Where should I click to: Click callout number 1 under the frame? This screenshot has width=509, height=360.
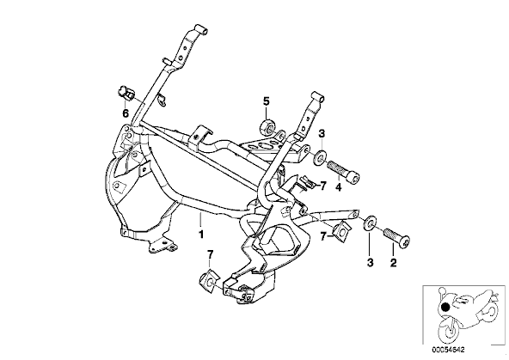pyautogui.click(x=201, y=234)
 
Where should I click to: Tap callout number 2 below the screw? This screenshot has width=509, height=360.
pyautogui.click(x=393, y=262)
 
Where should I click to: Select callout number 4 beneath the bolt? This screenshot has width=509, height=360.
pyautogui.click(x=338, y=187)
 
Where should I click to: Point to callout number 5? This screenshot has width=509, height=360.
pyautogui.click(x=266, y=102)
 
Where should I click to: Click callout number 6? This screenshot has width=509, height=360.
pyautogui.click(x=126, y=113)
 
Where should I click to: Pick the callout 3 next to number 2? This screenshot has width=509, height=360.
pyautogui.click(x=371, y=262)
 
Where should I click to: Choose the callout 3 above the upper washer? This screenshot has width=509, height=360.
pyautogui.click(x=322, y=134)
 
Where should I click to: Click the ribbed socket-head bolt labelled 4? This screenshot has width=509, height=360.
pyautogui.click(x=344, y=171)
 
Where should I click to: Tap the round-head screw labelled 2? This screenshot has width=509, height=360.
pyautogui.click(x=396, y=238)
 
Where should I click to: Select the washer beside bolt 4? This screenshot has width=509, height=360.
pyautogui.click(x=320, y=157)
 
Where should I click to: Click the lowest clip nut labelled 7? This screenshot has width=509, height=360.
pyautogui.click(x=210, y=280)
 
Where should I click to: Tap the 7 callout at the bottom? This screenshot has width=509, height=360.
pyautogui.click(x=210, y=254)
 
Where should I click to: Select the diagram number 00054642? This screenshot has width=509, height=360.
pyautogui.click(x=448, y=350)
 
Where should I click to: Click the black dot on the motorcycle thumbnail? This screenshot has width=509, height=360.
pyautogui.click(x=445, y=307)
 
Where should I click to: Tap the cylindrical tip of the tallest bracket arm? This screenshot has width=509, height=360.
pyautogui.click(x=201, y=29)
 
